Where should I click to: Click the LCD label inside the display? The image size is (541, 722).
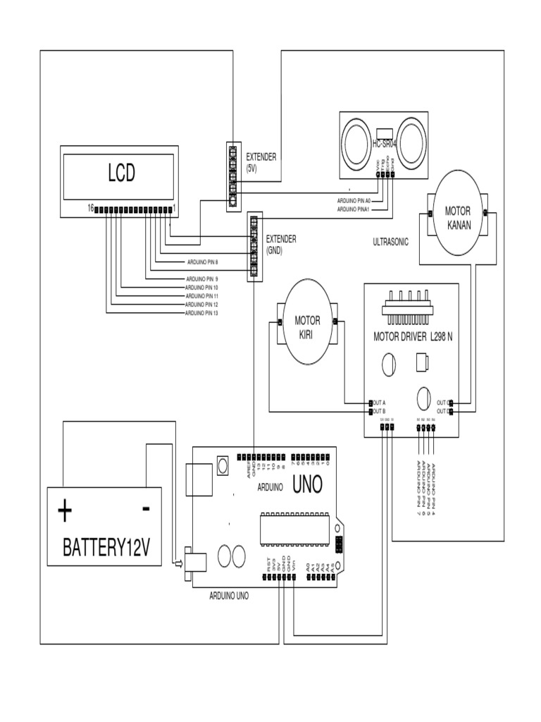pyautogui.click(x=120, y=173)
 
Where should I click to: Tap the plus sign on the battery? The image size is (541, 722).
pyautogui.click(x=65, y=510)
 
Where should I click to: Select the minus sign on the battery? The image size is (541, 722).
pyautogui.click(x=145, y=508)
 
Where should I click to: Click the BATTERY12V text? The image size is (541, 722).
pyautogui.click(x=106, y=547)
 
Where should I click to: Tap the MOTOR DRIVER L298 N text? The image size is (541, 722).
pyautogui.click(x=412, y=337)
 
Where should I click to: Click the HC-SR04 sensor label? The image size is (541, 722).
pyautogui.click(x=384, y=145)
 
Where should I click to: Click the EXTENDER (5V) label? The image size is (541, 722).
pyautogui.click(x=261, y=163)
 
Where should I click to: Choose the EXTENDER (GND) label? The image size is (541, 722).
pyautogui.click(x=280, y=244)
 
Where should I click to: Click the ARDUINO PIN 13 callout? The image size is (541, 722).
pyautogui.click(x=201, y=313)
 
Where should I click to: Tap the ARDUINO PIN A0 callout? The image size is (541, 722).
pyautogui.click(x=354, y=200)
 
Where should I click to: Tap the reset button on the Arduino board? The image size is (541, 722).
pyautogui.click(x=223, y=465)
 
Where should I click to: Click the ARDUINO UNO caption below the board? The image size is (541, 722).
pyautogui.click(x=228, y=595)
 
